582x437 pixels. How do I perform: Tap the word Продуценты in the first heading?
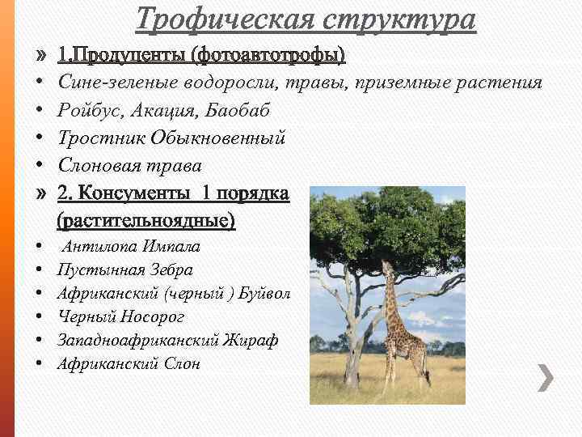[x=130, y=55]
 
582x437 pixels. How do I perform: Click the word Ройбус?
[x=88, y=110]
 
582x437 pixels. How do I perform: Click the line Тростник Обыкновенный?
[x=172, y=138]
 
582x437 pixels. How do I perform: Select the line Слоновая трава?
[x=130, y=165]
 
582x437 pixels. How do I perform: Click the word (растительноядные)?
[x=146, y=219]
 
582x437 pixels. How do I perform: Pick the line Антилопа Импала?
[x=132, y=247]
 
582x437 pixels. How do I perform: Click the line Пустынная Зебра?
[x=125, y=269]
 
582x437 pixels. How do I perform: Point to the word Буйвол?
[x=264, y=293]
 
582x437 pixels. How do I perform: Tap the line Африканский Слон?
[x=129, y=364]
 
